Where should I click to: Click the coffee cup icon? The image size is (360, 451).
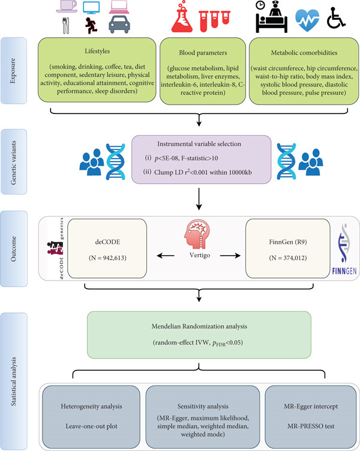[x=67, y=7]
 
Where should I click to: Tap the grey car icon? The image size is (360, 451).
[x=119, y=25]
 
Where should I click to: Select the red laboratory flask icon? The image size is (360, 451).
[x=182, y=17]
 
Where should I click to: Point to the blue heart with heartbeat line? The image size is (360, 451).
[x=307, y=20]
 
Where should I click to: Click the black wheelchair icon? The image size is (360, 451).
[x=336, y=18]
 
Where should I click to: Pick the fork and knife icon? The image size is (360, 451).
[x=66, y=26]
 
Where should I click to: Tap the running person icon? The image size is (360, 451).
[x=91, y=25]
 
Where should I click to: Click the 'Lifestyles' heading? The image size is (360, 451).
[x=97, y=51]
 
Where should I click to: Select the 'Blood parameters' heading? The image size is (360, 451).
[x=203, y=53]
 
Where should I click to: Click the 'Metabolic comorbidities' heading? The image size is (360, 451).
[x=304, y=53]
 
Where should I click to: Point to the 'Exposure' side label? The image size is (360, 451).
[x=13, y=71]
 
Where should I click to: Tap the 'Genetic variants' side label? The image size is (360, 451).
[x=13, y=163]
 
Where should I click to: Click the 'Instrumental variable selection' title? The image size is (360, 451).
[x=199, y=144]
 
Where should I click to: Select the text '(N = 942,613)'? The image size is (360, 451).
[x=107, y=258]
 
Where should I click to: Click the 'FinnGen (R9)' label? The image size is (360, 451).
[x=288, y=242]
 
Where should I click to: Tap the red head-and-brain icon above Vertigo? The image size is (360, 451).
[x=197, y=234]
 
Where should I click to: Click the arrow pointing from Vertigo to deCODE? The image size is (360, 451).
[x=166, y=255]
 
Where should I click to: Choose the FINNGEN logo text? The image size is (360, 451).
[x=344, y=271]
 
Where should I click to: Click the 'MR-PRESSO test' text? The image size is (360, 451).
[x=311, y=426]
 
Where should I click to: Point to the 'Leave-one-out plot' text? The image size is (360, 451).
[x=91, y=426]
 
